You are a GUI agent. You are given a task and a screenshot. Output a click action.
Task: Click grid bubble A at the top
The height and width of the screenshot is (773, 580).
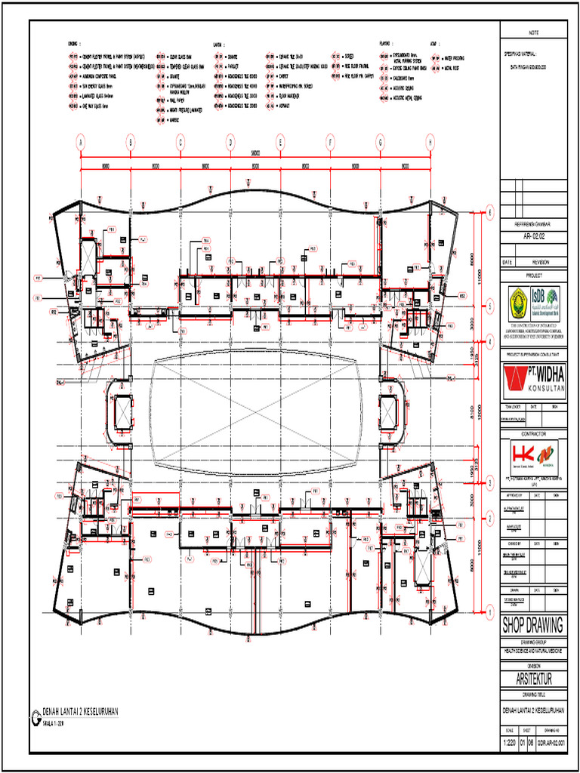[x=81, y=141]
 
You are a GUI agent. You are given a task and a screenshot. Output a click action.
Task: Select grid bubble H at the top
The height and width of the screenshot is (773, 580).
[x=430, y=141]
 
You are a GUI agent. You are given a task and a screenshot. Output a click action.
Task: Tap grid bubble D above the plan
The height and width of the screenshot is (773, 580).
[x=230, y=141]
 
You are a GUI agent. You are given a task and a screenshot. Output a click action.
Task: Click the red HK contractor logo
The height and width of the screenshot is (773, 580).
[x=523, y=457]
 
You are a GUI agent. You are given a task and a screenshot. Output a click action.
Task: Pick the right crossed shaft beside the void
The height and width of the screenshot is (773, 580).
[x=388, y=411]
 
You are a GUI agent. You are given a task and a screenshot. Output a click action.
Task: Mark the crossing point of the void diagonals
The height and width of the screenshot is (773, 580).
[x=255, y=411]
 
